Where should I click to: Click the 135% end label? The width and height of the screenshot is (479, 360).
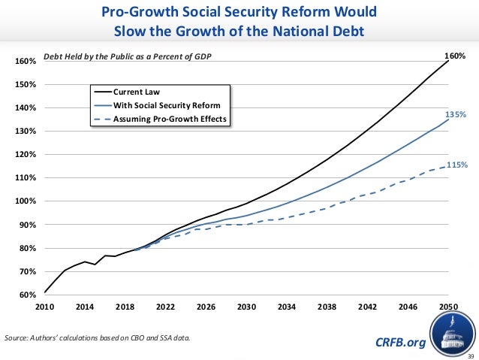(456, 114)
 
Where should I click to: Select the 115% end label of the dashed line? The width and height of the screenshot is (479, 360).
(457, 165)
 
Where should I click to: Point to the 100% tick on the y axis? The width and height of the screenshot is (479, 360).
(27, 201)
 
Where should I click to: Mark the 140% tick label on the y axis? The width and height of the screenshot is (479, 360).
(27, 108)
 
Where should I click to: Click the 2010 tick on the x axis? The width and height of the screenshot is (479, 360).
(45, 307)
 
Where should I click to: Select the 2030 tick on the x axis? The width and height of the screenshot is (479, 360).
(247, 307)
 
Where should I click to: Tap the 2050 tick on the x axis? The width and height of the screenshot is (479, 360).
(449, 307)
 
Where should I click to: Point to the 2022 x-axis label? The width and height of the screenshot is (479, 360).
(166, 307)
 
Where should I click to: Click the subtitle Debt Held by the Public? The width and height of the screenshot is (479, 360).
(128, 56)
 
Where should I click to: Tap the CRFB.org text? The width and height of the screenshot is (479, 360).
(399, 343)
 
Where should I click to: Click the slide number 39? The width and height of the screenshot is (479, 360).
(471, 355)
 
